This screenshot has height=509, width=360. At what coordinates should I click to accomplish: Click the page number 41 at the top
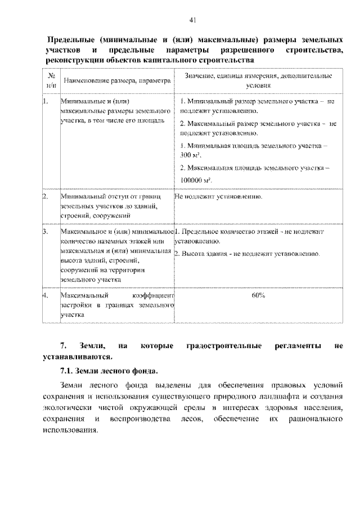(x=192, y=21)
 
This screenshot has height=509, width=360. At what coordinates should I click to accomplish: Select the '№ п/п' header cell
(x=51, y=80)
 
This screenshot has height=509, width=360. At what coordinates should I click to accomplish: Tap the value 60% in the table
(x=259, y=295)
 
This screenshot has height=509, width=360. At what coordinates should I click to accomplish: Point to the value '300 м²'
(x=191, y=154)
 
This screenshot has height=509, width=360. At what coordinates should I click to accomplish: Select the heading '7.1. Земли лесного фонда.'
(x=109, y=372)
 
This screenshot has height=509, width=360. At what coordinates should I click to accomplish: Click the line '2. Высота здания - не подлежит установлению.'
(x=247, y=254)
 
